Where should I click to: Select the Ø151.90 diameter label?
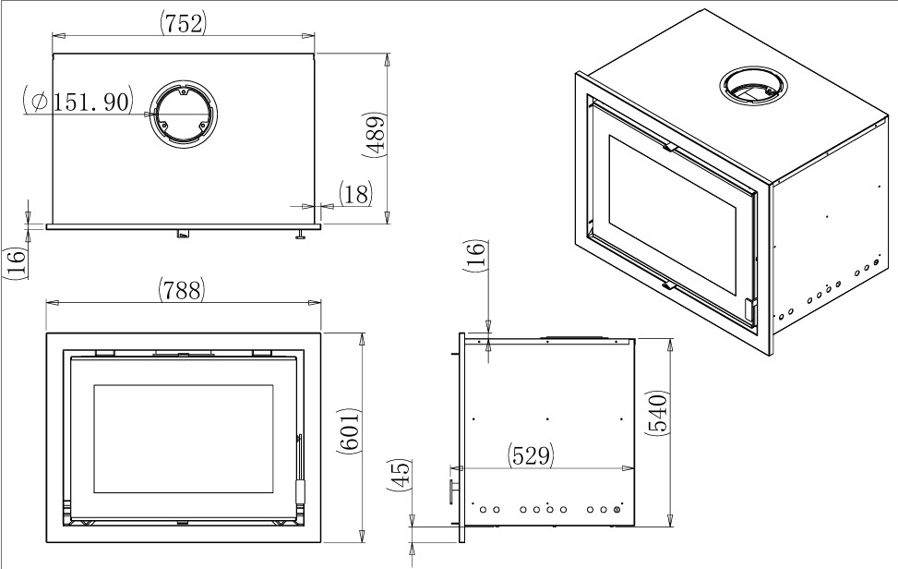click(80, 102)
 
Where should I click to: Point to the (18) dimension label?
click(354, 194)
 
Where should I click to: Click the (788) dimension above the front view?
click(181, 289)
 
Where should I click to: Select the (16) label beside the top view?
click(16, 263)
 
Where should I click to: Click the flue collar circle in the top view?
click(183, 114)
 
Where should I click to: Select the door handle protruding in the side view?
click(452, 487)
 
